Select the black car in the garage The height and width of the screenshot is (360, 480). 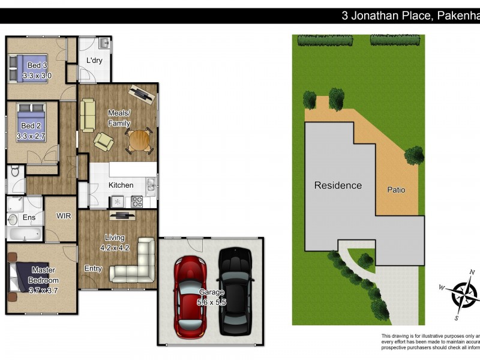click(x=233, y=291)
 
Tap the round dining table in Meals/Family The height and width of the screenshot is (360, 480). click(x=139, y=141)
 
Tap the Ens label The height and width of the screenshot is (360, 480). click(x=28, y=217)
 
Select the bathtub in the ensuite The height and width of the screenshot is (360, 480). click(x=25, y=234)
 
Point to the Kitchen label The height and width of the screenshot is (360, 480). click(x=121, y=185)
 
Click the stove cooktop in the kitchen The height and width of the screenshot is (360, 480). click(x=136, y=202)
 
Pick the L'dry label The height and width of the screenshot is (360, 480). click(x=94, y=61)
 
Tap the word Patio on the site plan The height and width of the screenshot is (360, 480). click(x=395, y=190)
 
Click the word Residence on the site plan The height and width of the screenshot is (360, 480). click(x=338, y=185)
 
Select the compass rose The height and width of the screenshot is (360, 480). click(x=464, y=294)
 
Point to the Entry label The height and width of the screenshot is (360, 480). click(x=92, y=268)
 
